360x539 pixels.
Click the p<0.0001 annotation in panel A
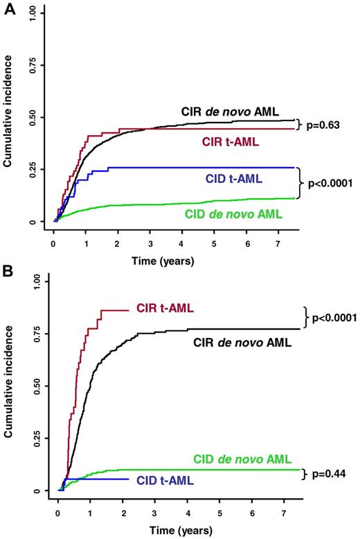point(329,184)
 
